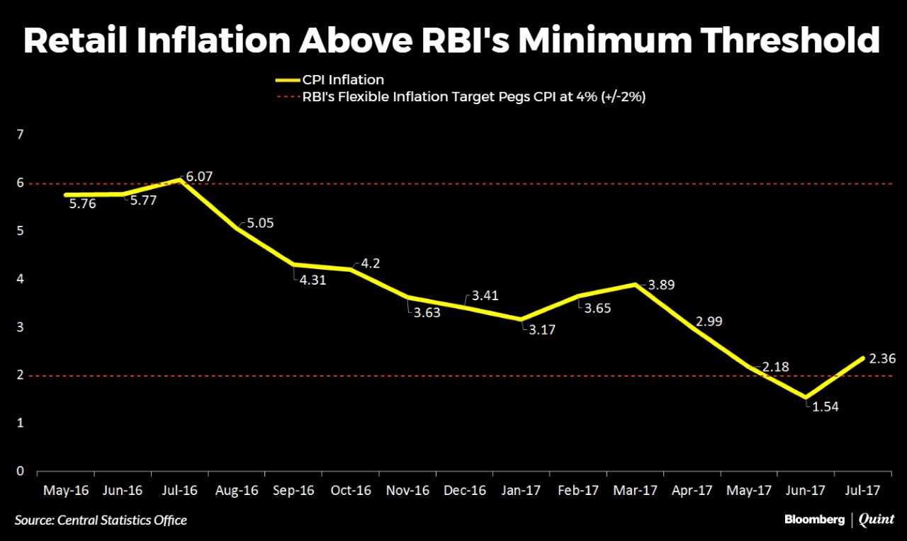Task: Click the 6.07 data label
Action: (199, 176)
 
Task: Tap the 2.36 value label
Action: (882, 359)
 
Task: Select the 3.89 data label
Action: (661, 285)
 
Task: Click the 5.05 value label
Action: (259, 223)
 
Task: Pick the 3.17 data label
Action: (542, 329)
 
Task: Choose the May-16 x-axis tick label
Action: (65, 490)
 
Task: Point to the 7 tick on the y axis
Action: (20, 135)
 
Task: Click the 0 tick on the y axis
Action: (20, 471)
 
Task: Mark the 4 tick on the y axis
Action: (20, 279)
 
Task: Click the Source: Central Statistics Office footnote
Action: (101, 520)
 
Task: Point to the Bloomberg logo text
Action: (814, 520)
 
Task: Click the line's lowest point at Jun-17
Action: (806, 398)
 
